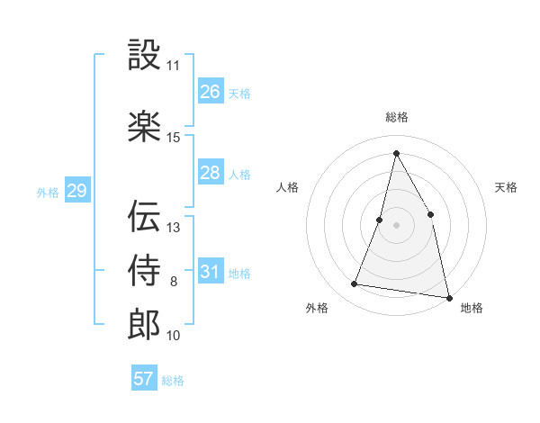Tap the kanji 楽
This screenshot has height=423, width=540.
pos(144,125)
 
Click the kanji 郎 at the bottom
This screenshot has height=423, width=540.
pos(144,324)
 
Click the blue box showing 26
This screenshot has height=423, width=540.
pos(210,91)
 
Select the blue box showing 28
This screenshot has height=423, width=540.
pos(210,173)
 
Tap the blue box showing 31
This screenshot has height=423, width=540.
pos(210,272)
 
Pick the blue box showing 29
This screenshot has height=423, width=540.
pos(76,191)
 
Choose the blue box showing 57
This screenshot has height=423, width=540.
pos(143,379)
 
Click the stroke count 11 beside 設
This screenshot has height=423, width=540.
pos(174,66)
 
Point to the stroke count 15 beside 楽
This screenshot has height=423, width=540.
pos(174,137)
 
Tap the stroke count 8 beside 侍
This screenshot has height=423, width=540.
pos(174,282)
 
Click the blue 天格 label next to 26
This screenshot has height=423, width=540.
pos(239,93)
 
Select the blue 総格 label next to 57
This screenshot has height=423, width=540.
pos(173,381)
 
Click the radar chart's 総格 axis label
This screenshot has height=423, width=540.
pos(396,117)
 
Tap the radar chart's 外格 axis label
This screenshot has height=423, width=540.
pos(317,308)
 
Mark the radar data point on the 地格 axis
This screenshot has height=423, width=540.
pos(447,296)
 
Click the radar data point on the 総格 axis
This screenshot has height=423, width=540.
pos(396,152)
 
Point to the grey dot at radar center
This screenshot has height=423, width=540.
pos(396,225)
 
